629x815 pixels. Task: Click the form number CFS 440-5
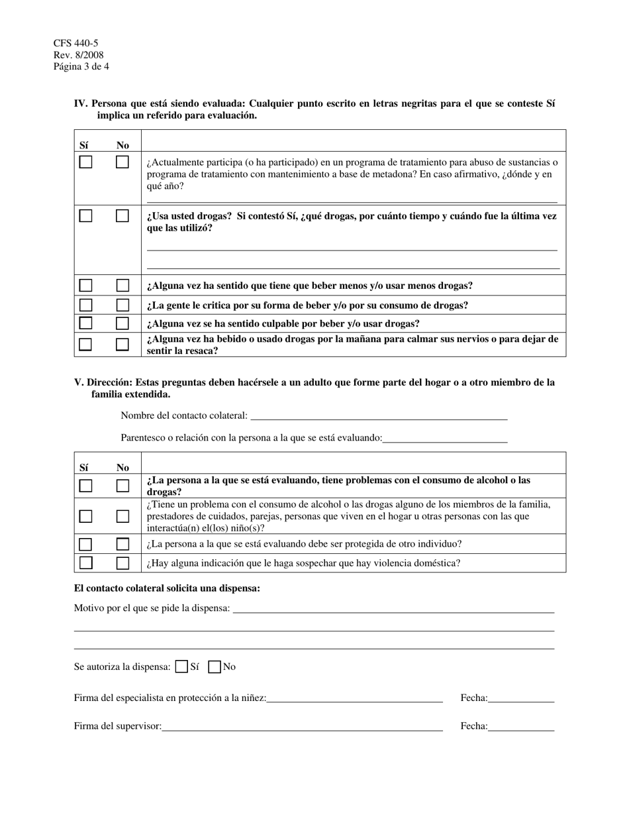pos(75,43)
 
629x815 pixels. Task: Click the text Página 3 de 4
pos(81,67)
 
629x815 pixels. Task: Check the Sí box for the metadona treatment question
pos(85,162)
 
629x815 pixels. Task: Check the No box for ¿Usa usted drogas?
pos(122,216)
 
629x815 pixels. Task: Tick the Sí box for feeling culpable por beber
pos(85,323)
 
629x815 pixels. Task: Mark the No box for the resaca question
pos(122,345)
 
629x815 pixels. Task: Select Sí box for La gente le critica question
pos(85,305)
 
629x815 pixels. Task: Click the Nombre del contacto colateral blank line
pos(379,415)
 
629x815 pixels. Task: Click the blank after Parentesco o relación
pos(445,437)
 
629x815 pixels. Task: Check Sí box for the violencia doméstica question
pos(85,563)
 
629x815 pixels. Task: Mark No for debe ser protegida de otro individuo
pos(122,544)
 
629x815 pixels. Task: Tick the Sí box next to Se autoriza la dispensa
pos(181,667)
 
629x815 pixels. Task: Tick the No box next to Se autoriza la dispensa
pos(215,667)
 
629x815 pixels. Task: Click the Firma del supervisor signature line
pos(302,726)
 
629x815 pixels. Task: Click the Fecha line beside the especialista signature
pos(521,698)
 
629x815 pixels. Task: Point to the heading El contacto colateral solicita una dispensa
pos(167,588)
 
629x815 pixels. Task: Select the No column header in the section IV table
pos(122,145)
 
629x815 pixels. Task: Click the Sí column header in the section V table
pos(84,467)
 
